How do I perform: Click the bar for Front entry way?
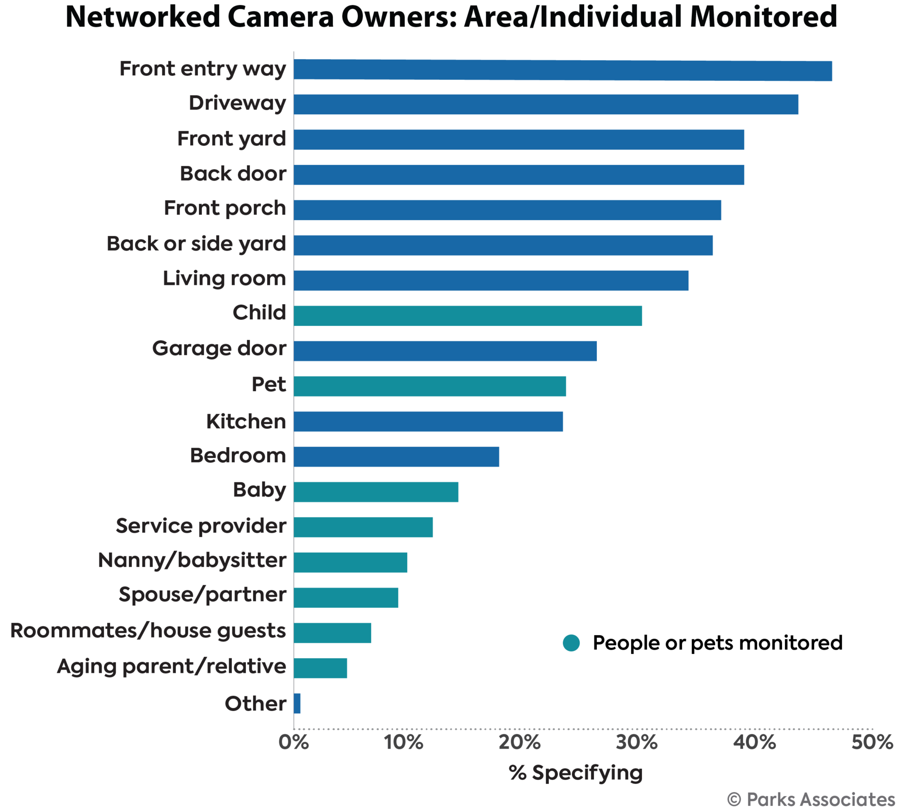click(x=562, y=71)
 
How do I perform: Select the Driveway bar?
click(x=546, y=104)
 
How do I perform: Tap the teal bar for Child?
click(x=468, y=315)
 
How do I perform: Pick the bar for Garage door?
click(x=445, y=351)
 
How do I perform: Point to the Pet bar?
click(x=430, y=386)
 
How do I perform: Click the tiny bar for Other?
click(x=297, y=703)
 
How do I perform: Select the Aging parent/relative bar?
click(x=321, y=668)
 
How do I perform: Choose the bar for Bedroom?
click(x=396, y=457)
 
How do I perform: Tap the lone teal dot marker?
click(x=571, y=643)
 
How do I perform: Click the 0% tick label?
click(x=294, y=742)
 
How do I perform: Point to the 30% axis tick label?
click(x=637, y=742)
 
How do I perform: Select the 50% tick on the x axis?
click(x=872, y=742)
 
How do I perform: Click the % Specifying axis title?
click(x=576, y=773)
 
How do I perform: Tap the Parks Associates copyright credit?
click(x=811, y=799)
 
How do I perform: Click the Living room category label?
click(x=224, y=279)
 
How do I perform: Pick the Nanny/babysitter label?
click(x=192, y=560)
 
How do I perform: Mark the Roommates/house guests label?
click(x=148, y=631)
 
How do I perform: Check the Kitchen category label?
click(x=246, y=421)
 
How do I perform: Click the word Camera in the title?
click(x=280, y=17)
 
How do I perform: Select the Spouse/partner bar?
click(x=346, y=598)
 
